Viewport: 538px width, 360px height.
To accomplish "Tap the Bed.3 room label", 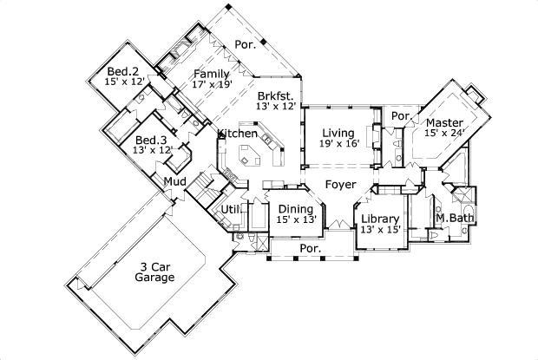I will pyautogui.click(x=150, y=140).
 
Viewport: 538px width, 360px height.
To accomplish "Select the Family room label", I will pyautogui.click(x=211, y=74).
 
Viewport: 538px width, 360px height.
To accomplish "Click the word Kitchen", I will pyautogui.click(x=237, y=134).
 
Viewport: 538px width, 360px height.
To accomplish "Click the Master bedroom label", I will pyautogui.click(x=443, y=122).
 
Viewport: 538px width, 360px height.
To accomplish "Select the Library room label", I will pyautogui.click(x=379, y=218).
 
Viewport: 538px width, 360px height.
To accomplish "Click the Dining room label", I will pyautogui.click(x=296, y=209).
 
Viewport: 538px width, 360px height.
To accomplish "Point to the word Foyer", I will pyautogui.click(x=340, y=185).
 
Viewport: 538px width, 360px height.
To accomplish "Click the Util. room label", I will pyautogui.click(x=229, y=209).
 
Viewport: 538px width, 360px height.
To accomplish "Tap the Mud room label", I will pyautogui.click(x=174, y=181).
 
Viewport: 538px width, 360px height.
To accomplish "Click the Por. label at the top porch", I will pyautogui.click(x=246, y=44).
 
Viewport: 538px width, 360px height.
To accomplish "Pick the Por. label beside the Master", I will pyautogui.click(x=401, y=116).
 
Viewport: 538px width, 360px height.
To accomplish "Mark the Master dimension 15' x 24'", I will pyautogui.click(x=445, y=134).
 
